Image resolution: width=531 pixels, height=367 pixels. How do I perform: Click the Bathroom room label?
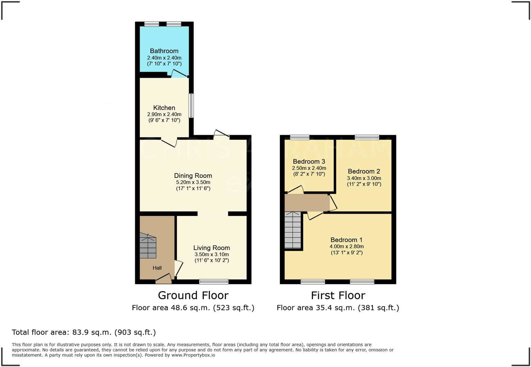tap(164, 51)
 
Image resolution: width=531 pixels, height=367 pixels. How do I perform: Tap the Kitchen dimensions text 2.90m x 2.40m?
tap(164, 115)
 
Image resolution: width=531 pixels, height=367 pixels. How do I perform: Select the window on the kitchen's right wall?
tap(191, 106)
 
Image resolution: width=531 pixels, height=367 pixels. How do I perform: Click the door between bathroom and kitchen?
tap(179, 74)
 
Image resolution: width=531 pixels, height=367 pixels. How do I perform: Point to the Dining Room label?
tap(193, 176)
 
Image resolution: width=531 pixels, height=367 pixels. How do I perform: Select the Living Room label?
tap(211, 248)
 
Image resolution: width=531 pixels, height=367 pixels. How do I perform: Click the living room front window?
tap(214, 282)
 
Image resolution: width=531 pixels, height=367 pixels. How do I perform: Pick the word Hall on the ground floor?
tap(157, 268)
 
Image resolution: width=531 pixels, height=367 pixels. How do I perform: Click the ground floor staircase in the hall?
tap(148, 246)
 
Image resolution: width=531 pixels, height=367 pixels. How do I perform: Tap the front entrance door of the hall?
tap(164, 280)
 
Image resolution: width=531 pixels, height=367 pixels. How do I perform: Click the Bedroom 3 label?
tap(309, 162)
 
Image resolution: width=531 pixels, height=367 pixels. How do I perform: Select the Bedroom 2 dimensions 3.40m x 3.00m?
tap(364, 178)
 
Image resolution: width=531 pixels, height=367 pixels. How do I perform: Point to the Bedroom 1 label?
tap(346, 240)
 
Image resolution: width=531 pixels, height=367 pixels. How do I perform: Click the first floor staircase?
tap(293, 230)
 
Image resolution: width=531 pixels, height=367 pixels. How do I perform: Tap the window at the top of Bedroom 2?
tap(367, 137)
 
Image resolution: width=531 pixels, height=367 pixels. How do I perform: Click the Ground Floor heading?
tap(193, 295)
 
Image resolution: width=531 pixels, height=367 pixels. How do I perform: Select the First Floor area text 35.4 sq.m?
tap(338, 308)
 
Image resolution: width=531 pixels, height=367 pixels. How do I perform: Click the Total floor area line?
tap(84, 332)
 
